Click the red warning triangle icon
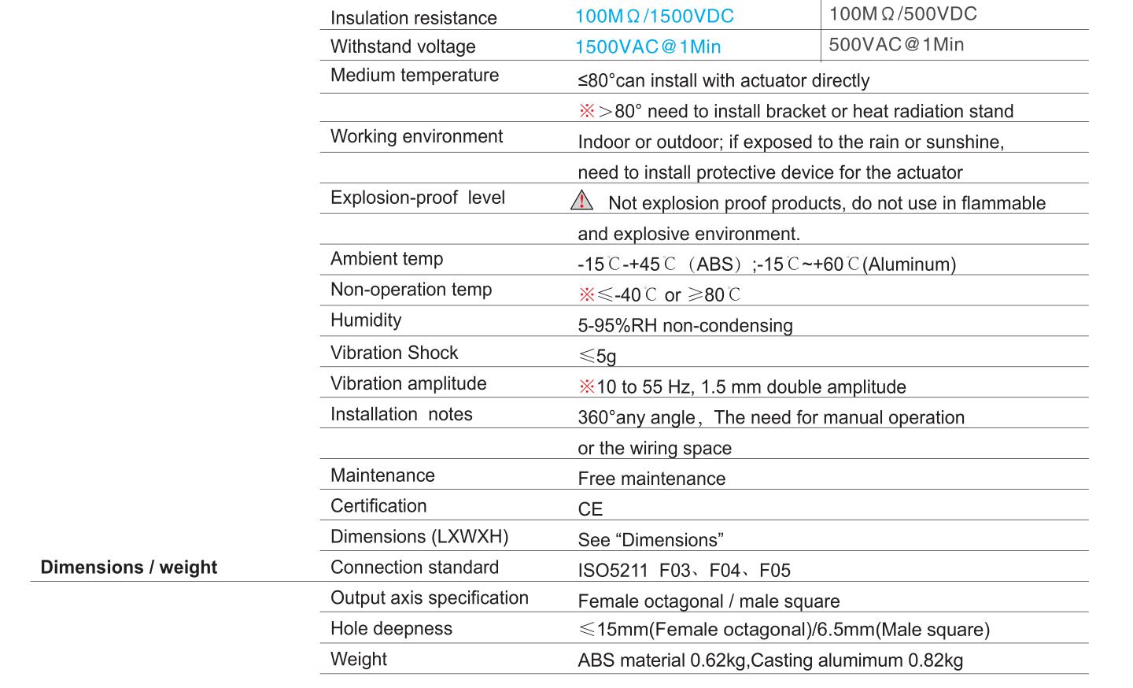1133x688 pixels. [581, 201]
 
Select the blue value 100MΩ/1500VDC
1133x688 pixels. [654, 17]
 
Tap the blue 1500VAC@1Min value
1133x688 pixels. [648, 46]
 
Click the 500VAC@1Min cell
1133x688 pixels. [896, 45]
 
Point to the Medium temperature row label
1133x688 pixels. [415, 76]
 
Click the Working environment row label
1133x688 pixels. [416, 136]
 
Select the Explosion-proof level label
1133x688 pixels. [417, 198]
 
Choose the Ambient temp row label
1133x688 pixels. [386, 259]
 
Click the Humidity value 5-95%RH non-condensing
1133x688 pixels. [685, 326]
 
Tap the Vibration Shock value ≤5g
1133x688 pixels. [597, 357]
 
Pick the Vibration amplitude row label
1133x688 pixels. [408, 383]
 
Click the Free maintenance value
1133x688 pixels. [651, 479]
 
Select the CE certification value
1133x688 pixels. [590, 509]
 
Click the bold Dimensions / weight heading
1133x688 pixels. [129, 568]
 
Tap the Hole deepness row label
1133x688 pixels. [391, 629]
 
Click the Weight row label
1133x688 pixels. [358, 660]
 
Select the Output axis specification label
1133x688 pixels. [429, 598]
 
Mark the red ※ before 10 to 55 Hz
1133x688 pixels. [586, 387]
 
